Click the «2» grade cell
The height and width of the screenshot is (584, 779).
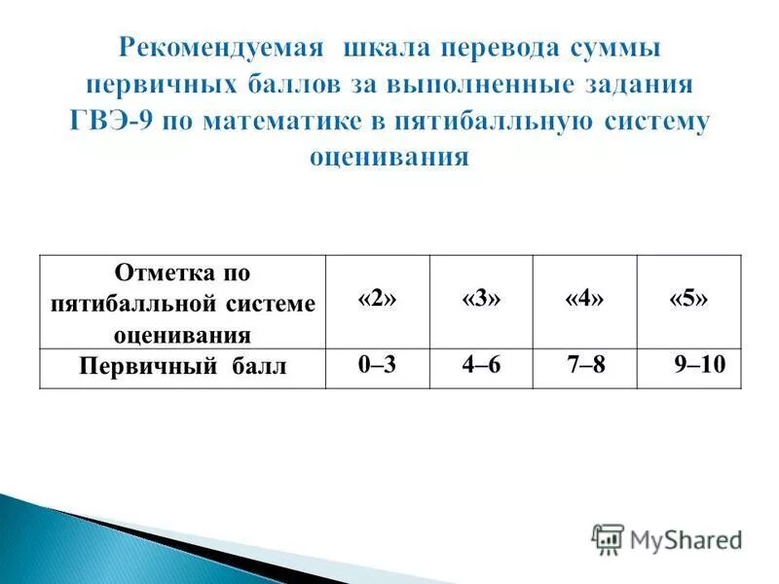[377, 301]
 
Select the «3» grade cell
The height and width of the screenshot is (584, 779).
[481, 301]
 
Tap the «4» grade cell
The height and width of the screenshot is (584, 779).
[584, 301]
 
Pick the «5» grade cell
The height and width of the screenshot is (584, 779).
[688, 301]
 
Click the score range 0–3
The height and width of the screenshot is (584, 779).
[376, 367]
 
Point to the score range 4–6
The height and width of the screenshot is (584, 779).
[482, 367]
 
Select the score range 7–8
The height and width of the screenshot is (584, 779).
[585, 367]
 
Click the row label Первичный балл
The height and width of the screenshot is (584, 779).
[182, 369]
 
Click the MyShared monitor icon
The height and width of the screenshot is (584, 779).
[608, 539]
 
